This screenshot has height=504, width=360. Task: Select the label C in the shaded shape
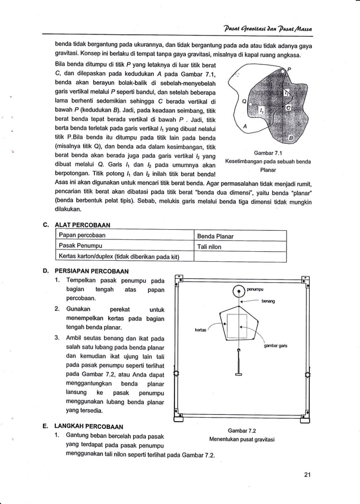coord(288,107)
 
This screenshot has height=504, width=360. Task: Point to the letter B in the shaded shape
coord(291,138)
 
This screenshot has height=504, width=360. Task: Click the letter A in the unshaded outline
coord(243,127)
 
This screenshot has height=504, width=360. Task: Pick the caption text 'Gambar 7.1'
coord(268,153)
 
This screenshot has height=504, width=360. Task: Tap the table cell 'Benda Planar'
coord(216,236)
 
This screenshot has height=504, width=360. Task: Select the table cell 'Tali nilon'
coord(209,247)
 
